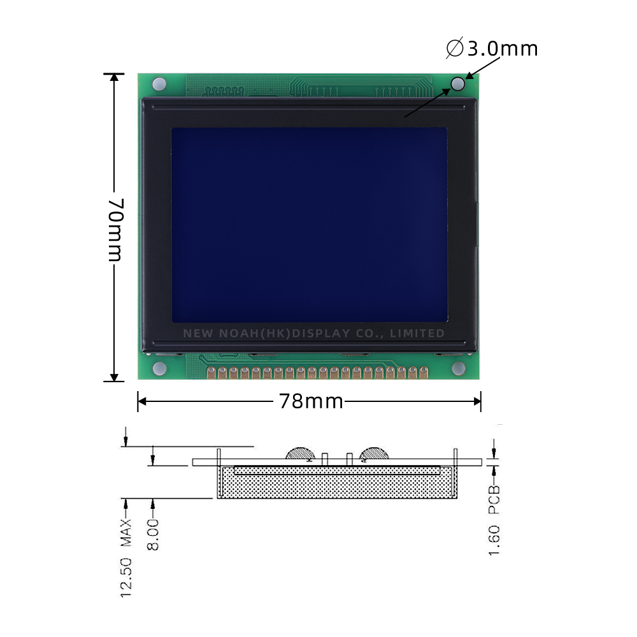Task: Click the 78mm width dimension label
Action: click(x=310, y=401)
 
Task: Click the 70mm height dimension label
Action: click(x=114, y=230)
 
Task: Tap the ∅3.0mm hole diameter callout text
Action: click(x=492, y=48)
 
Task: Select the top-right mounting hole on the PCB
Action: click(x=457, y=83)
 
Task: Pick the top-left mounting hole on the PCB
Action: click(x=159, y=83)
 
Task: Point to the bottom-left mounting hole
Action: click(x=159, y=368)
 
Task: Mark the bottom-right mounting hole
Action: click(x=457, y=368)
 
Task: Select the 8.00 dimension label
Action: click(x=153, y=534)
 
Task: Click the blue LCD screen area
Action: click(x=309, y=224)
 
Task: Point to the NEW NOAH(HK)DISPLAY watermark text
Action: click(x=313, y=333)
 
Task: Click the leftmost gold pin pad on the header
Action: click(x=211, y=372)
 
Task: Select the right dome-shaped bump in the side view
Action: click(x=373, y=454)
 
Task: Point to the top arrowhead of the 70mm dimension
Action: click(x=114, y=78)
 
